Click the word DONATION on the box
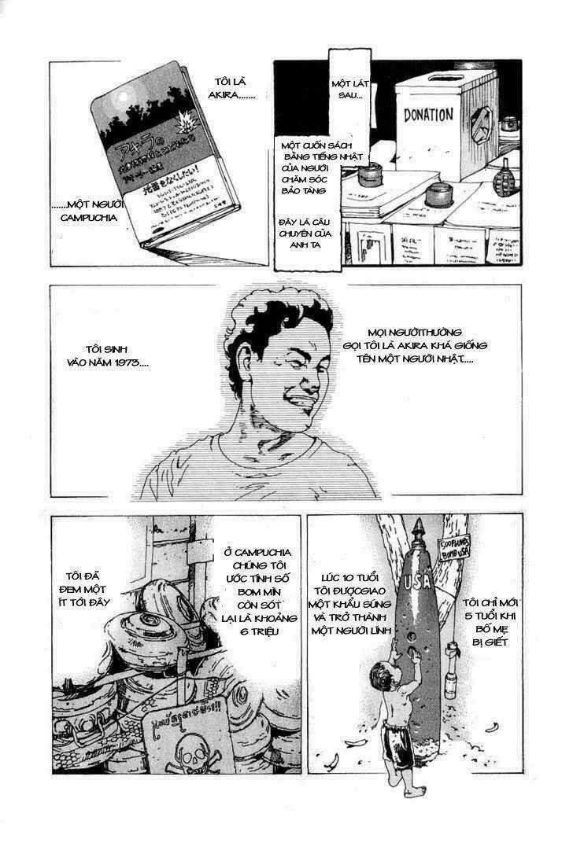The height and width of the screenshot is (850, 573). (428, 115)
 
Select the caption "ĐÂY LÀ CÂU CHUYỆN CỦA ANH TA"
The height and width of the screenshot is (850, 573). (306, 232)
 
